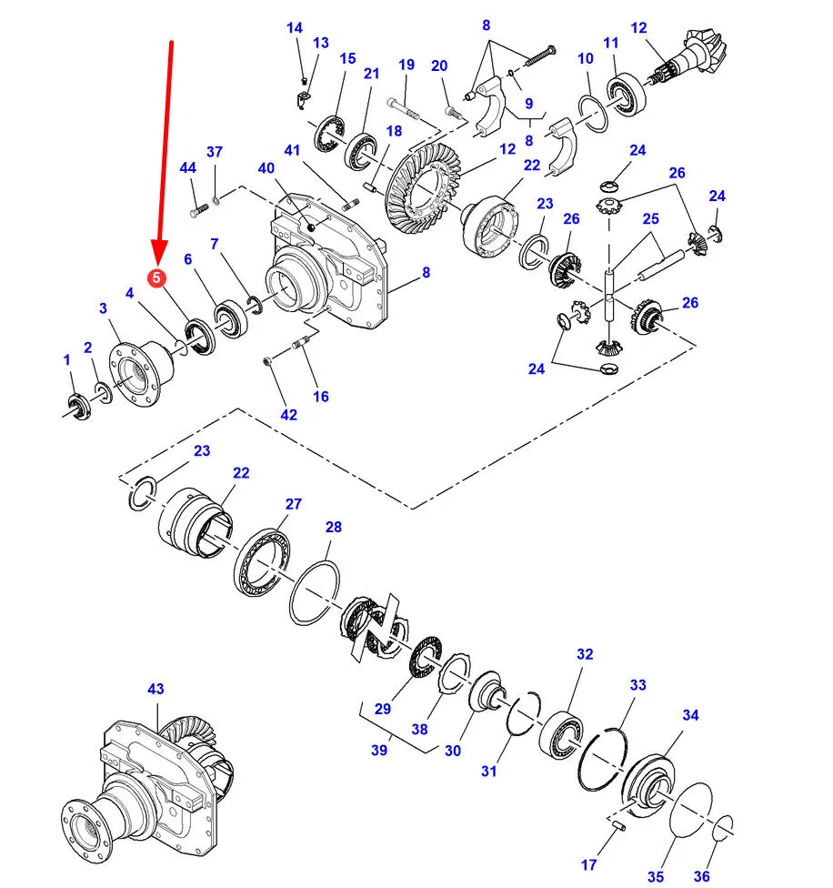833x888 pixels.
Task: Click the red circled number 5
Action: (x=157, y=277)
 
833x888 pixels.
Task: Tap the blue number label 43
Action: (x=156, y=690)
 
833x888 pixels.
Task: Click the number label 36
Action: (x=701, y=876)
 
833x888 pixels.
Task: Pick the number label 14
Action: (x=294, y=28)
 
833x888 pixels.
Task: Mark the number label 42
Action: (x=288, y=415)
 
